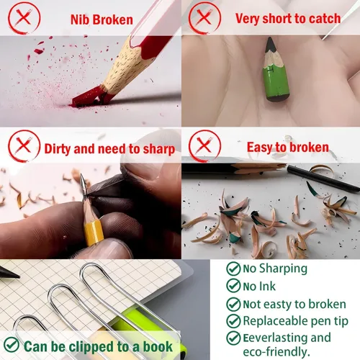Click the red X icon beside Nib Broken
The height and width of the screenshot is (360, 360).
pyautogui.click(x=24, y=18)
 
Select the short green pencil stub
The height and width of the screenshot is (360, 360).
pyautogui.click(x=276, y=69)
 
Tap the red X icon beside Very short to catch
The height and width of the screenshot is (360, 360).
pyautogui.click(x=204, y=18)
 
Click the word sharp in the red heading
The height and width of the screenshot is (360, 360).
pyautogui.click(x=159, y=149)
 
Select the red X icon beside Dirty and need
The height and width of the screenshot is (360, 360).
pyautogui.click(x=24, y=146)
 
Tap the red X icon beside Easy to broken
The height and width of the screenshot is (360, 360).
pyautogui.click(x=204, y=146)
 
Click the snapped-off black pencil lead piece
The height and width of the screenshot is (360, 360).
pyautogui.click(x=323, y=179)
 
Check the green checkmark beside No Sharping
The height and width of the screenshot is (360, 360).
pyautogui.click(x=233, y=269)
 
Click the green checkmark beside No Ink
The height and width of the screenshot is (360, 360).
pyautogui.click(x=233, y=286)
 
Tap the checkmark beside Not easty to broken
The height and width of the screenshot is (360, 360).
pyautogui.click(x=233, y=305)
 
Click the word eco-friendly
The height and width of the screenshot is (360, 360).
pyautogui.click(x=276, y=352)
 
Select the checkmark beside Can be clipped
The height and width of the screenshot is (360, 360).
pyautogui.click(x=12, y=345)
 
